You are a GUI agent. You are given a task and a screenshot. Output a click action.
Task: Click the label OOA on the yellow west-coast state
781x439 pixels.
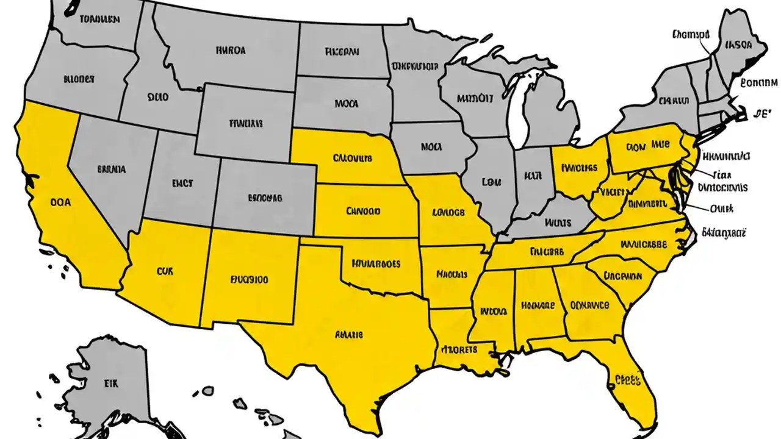tap(60, 201)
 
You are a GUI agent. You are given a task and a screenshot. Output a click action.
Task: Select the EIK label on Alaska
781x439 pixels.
tap(110, 384)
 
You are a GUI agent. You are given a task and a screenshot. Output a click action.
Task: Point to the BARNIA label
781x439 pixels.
tap(112, 170)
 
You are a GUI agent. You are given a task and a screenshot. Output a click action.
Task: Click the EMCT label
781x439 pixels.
tap(182, 181)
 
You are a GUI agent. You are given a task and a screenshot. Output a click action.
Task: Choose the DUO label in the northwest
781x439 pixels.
tap(157, 96)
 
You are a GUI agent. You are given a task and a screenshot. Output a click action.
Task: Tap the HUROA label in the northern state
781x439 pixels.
tap(231, 51)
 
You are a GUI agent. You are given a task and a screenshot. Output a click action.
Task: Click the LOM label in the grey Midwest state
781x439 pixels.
tap(491, 182)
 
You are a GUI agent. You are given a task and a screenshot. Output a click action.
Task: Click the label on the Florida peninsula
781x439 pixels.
tap(626, 380)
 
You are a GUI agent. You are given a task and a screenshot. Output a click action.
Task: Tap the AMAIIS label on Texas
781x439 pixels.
tap(349, 335)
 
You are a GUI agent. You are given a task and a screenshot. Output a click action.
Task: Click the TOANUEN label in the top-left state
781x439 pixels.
tap(99, 19)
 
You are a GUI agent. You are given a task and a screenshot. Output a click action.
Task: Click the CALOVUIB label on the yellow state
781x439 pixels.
tap(352, 159)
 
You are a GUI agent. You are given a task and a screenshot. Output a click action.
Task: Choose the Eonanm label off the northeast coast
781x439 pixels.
tap(758, 83)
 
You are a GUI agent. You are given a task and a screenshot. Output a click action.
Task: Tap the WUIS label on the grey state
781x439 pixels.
tap(557, 223)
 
